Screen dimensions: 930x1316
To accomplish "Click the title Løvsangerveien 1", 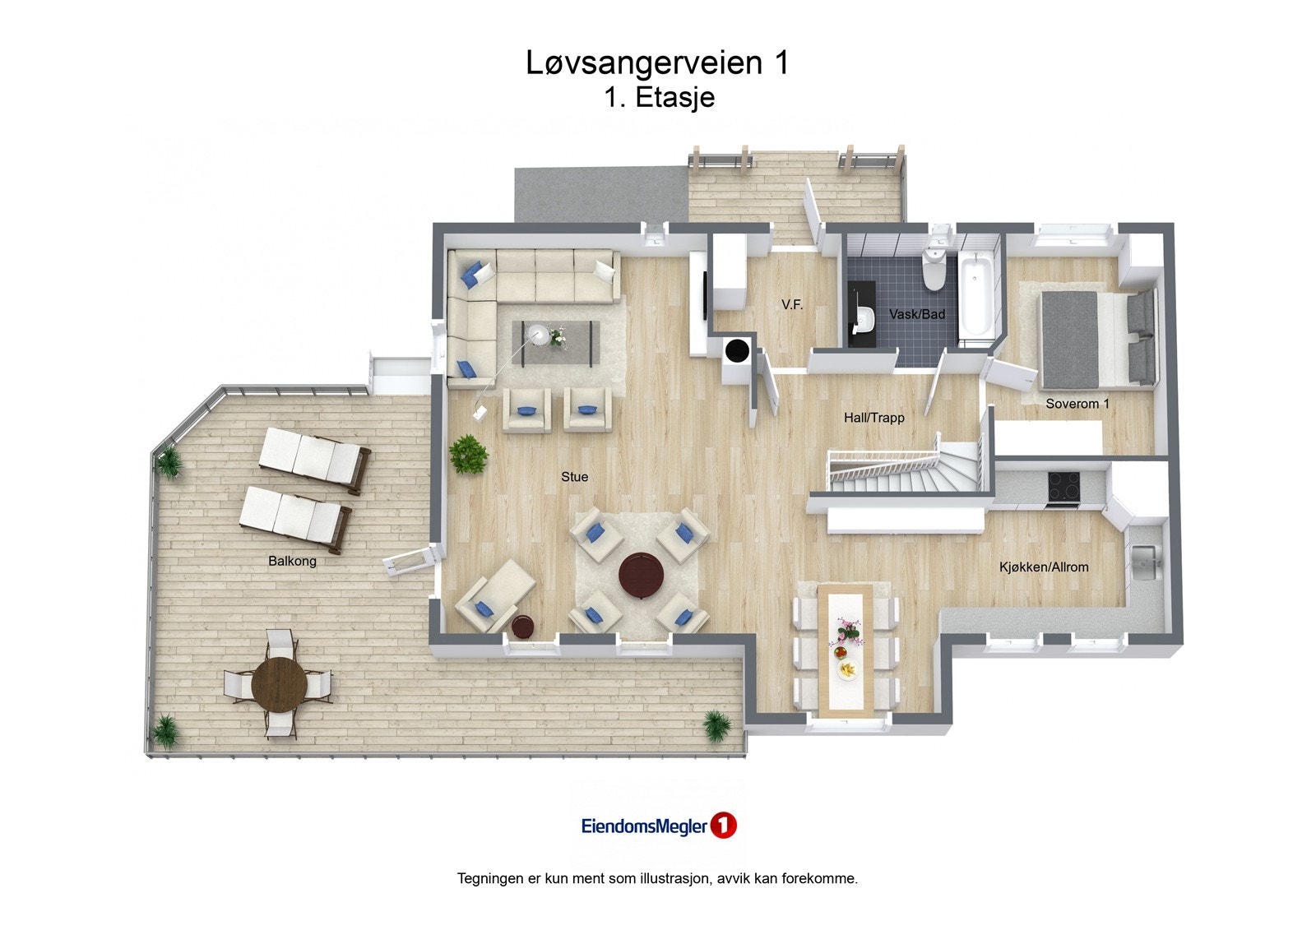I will [657, 62].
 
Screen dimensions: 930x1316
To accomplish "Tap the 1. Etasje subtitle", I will [659, 97].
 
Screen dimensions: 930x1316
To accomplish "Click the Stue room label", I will [574, 477].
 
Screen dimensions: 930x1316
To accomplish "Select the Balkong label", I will [292, 562].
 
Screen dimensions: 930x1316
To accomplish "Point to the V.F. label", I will [792, 304].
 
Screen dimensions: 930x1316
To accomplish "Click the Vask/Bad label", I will [917, 314].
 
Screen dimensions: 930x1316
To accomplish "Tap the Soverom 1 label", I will [1077, 404].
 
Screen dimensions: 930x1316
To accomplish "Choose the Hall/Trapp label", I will [873, 418].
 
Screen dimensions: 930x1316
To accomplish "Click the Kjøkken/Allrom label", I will [1044, 567].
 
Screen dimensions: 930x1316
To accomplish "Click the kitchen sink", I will [1145, 562].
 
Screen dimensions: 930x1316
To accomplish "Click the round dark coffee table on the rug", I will [641, 573].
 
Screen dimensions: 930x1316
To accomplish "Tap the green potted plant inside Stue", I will [469, 454].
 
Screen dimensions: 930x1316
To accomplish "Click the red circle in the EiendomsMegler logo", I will [723, 826].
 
